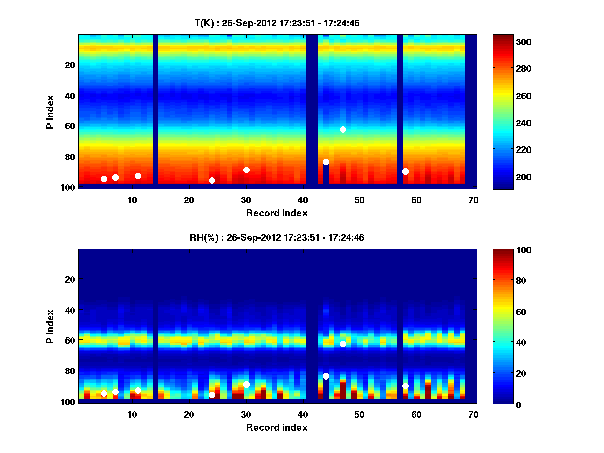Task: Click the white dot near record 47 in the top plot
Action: [x=343, y=129]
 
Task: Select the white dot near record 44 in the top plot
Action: [x=326, y=162]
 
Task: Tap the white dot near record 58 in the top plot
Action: [x=405, y=171]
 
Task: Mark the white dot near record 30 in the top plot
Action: [x=246, y=170]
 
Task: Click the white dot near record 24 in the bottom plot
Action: [x=212, y=395]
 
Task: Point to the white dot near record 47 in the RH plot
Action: [x=343, y=344]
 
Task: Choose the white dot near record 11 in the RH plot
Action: [x=138, y=390]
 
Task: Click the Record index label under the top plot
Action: [x=276, y=213]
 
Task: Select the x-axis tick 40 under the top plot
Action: [x=303, y=200]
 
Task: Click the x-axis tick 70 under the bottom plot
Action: [x=473, y=415]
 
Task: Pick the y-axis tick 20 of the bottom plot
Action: [x=70, y=279]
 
